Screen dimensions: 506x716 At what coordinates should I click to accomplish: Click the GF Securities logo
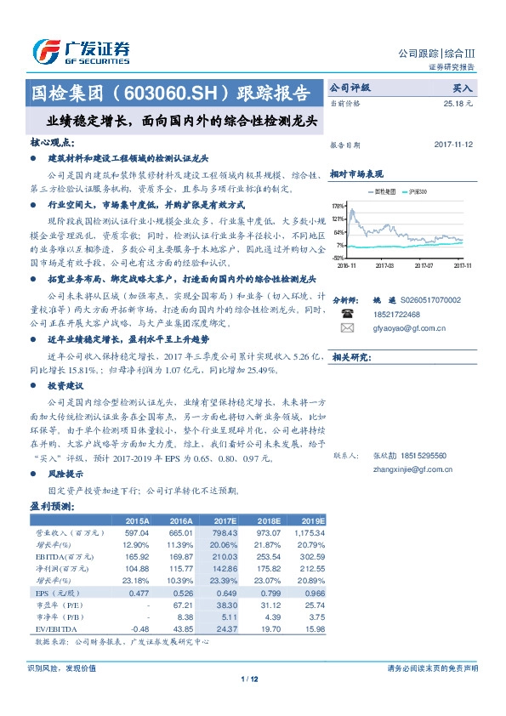tap(81, 52)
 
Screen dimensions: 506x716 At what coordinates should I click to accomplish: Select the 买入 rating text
tap(462, 88)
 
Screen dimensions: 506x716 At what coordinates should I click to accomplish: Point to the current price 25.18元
tap(458, 103)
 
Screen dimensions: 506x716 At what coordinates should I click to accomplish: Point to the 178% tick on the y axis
tap(338, 207)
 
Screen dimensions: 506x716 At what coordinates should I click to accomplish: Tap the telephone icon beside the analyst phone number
tap(346, 313)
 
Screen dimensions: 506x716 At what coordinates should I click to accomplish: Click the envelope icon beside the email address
tap(346, 327)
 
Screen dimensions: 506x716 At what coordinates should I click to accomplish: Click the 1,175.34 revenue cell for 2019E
tap(309, 531)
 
